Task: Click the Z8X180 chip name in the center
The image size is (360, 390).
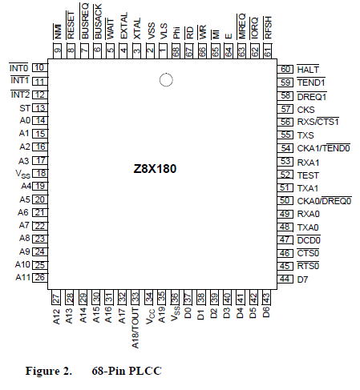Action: pos(155,169)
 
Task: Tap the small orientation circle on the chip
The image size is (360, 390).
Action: pos(166,80)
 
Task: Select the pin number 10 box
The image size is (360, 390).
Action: pos(40,68)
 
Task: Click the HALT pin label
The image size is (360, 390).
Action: pos(308,70)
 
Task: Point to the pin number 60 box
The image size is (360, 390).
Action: pos(285,69)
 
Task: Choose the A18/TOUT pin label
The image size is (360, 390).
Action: pos(136,328)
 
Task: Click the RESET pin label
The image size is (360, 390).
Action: pos(71,25)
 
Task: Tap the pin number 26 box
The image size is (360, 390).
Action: pos(40,278)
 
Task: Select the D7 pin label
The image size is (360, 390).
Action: pos(302,279)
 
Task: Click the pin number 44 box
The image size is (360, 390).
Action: pos(285,279)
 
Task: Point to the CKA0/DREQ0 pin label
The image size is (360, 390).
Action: pos(324,201)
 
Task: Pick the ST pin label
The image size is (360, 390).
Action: pos(25,108)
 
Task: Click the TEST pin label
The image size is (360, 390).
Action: pos(308,175)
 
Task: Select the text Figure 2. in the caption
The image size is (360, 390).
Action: pos(49,371)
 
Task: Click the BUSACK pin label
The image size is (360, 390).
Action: pos(98,22)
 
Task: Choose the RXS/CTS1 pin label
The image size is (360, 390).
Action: pos(318,122)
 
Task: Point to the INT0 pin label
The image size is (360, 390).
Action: pos(18,68)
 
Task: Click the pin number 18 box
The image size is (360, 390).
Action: pos(40,174)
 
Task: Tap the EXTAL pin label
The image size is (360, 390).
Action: pos(123,26)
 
